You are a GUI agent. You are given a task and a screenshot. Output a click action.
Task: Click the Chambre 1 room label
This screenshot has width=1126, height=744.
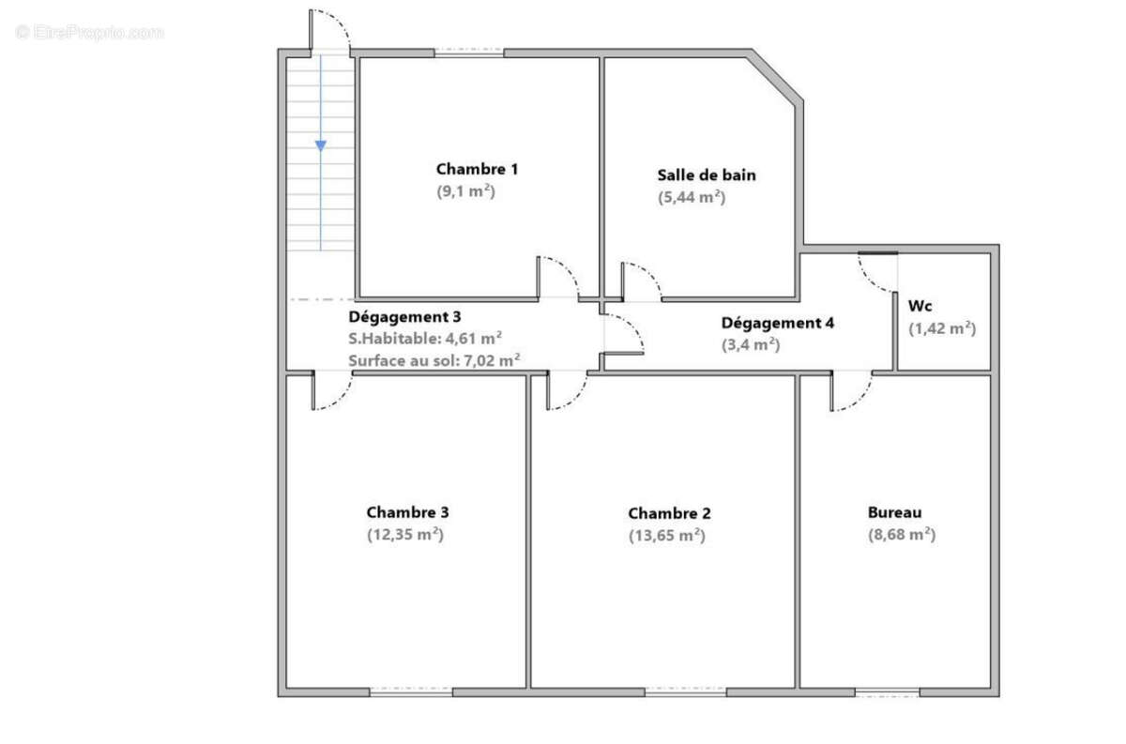coord(477,169)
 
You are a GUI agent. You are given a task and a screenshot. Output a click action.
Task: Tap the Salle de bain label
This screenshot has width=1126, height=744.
coord(707,175)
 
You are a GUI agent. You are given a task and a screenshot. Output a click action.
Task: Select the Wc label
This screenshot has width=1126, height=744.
coord(920,306)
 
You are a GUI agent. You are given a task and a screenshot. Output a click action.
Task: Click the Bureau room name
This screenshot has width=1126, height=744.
coord(895,512)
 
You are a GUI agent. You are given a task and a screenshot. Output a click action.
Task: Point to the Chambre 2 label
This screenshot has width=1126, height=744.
coord(670,513)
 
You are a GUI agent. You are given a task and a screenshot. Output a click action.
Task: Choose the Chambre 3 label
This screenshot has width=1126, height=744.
coord(407,512)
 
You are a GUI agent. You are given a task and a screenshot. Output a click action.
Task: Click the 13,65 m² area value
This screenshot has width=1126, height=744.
coord(667,536)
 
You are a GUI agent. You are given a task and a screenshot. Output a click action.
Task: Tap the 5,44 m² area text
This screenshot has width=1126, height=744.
coord(692,197)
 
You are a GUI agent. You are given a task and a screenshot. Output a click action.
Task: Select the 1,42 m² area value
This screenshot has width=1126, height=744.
coord(942,328)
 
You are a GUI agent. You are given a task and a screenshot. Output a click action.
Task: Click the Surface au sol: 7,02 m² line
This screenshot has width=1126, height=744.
coord(434,360)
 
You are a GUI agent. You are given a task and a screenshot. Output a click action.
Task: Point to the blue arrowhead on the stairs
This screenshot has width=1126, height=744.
coord(321,145)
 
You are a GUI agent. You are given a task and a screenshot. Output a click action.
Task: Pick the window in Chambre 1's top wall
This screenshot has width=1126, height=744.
coord(469,53)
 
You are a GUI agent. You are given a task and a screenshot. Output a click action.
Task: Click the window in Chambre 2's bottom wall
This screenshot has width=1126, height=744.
coord(686,691)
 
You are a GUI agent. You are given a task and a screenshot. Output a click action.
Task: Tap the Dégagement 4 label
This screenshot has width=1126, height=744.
coord(778,323)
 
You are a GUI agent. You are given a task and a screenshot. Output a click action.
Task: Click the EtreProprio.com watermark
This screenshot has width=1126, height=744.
coord(89,33)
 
